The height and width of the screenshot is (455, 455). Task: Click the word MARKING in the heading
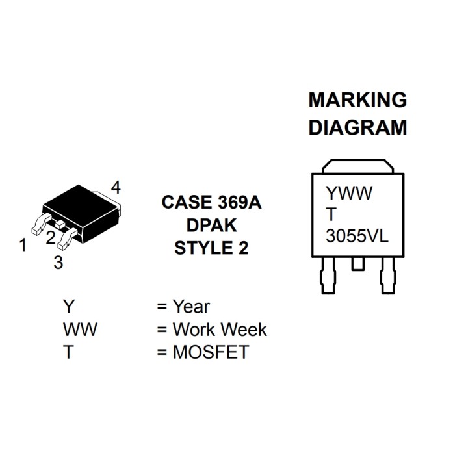(x=357, y=100)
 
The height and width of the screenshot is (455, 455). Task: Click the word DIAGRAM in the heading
(x=357, y=127)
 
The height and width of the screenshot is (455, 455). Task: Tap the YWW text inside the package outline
(x=349, y=193)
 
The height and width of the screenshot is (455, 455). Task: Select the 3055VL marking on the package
(x=357, y=235)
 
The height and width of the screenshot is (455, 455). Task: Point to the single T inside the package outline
(x=331, y=214)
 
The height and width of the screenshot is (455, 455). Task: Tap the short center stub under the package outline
(x=357, y=265)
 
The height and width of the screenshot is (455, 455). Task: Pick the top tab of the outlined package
(x=358, y=166)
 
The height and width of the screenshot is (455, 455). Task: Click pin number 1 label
(x=23, y=246)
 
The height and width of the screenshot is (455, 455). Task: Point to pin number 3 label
(x=58, y=263)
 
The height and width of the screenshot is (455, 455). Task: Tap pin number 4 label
(x=116, y=188)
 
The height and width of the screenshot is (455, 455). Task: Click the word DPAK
(x=211, y=226)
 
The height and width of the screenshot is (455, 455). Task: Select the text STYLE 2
(x=211, y=248)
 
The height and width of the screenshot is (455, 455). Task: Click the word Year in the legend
(x=191, y=306)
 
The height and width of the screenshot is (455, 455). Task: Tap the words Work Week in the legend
(x=220, y=330)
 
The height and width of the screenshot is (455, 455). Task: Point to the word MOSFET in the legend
(x=211, y=352)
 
